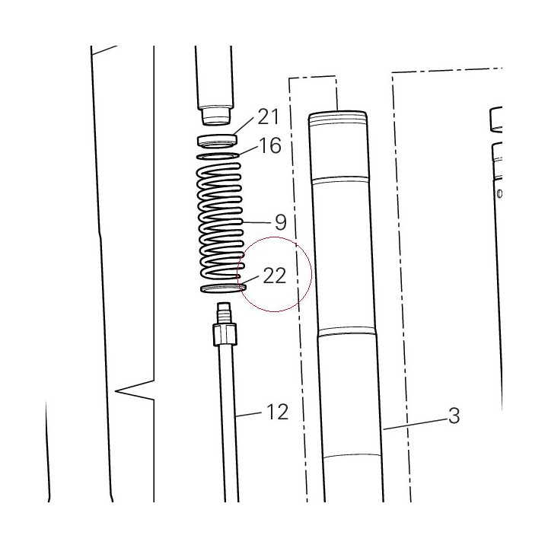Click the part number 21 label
tap(269, 116)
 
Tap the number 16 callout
tap(270, 145)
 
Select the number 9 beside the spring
tap(281, 222)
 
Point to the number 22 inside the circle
tap(274, 276)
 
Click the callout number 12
tap(278, 412)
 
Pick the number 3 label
tap(454, 416)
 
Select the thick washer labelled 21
tap(217, 140)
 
